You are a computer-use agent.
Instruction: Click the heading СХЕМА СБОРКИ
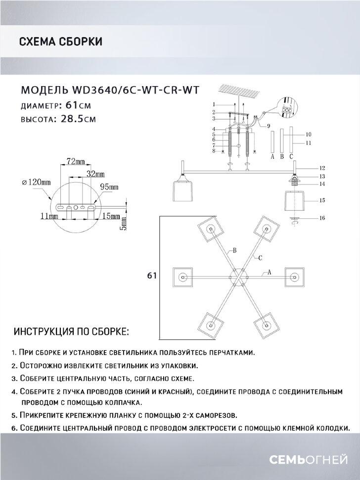point(60,42)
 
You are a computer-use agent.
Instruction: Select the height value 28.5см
point(78,119)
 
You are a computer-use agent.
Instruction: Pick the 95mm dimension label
point(109,187)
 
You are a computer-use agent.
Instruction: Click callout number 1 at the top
point(214,104)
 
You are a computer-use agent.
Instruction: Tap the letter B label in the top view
point(234,251)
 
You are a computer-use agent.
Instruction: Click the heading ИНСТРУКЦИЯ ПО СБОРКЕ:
point(71,331)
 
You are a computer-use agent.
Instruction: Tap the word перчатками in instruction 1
point(231,353)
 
